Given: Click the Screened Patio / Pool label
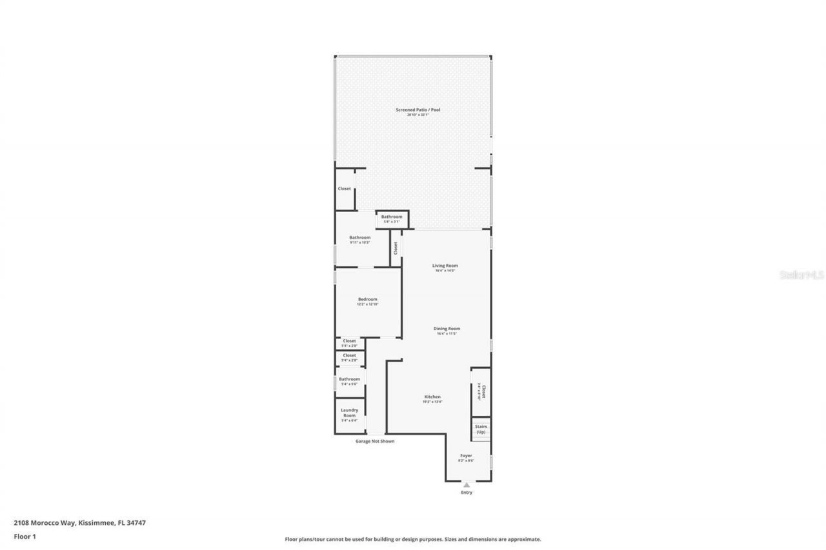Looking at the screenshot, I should [x=418, y=110].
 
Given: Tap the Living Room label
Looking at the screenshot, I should [x=445, y=266].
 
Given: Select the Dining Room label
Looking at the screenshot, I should [x=447, y=329].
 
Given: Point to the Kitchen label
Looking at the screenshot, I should [x=432, y=397].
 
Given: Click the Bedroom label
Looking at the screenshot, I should [x=368, y=299].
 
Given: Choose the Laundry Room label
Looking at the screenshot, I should [x=349, y=413].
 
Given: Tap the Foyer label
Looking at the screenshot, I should [x=466, y=456].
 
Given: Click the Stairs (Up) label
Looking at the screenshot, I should [x=481, y=429].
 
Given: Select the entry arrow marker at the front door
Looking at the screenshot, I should [x=467, y=484].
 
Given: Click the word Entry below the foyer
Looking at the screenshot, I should [x=467, y=493].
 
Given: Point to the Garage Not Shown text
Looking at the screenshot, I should [x=375, y=442].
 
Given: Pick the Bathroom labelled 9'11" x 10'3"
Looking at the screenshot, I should [x=360, y=237].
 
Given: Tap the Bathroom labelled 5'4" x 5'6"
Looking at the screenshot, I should [x=349, y=379].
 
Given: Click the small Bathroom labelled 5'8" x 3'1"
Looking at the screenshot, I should [x=392, y=217].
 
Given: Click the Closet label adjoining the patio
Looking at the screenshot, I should [x=345, y=189].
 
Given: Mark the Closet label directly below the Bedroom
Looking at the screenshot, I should [x=349, y=341].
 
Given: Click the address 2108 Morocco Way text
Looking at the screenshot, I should [x=80, y=523].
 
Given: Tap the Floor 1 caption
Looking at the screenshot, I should [x=25, y=536].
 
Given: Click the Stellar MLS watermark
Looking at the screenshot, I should [x=801, y=275].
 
